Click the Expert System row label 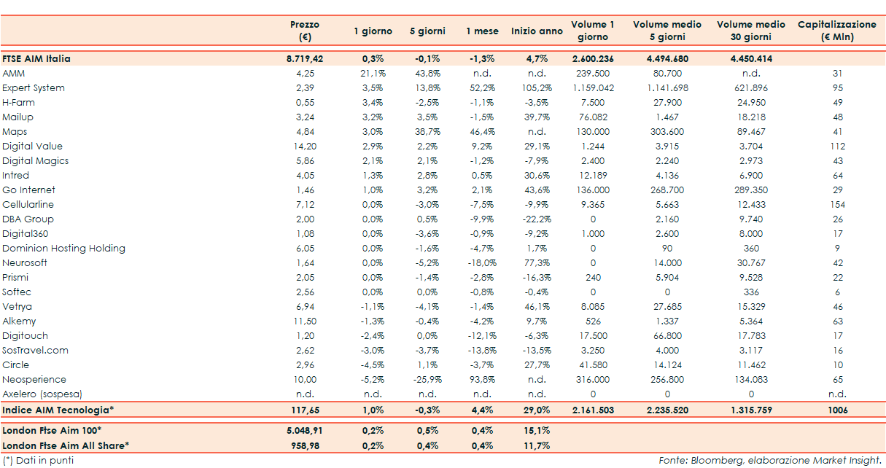tap(34, 88)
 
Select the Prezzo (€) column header tap(304, 31)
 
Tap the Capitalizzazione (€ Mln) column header tap(836, 31)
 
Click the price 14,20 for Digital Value tap(305, 147)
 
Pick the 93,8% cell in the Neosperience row tap(482, 380)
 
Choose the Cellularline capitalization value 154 tap(837, 205)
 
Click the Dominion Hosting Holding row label tap(63, 249)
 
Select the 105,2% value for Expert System tap(537, 88)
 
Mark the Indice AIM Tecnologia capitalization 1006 tap(837, 410)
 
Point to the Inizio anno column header tap(537, 31)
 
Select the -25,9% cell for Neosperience tap(427, 380)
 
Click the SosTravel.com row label tap(35, 351)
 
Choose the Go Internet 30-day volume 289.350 tap(750, 190)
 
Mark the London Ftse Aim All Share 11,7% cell tap(537, 445)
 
